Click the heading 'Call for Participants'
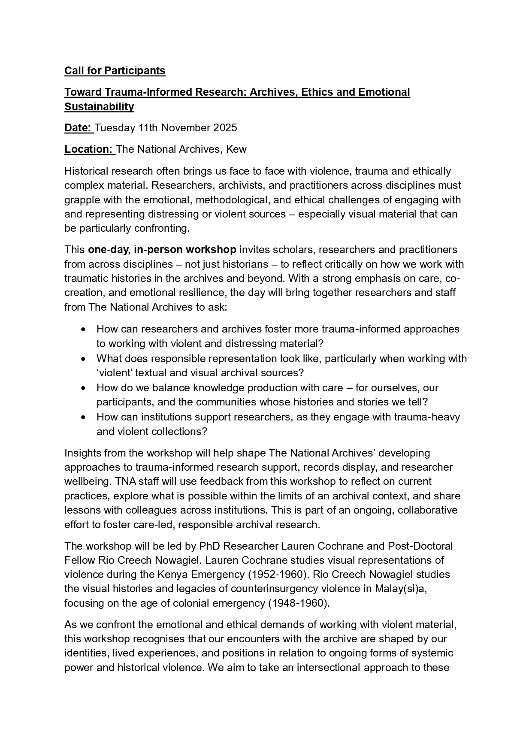(x=115, y=71)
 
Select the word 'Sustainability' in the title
(x=99, y=107)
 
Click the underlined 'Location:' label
(x=88, y=149)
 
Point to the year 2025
(x=225, y=128)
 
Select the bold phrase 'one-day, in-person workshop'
(x=162, y=250)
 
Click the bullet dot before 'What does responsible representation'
(x=83, y=359)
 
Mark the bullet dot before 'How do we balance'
(x=83, y=388)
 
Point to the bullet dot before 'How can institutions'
(x=83, y=417)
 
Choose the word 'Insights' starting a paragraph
(x=82, y=453)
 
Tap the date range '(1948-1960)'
(x=299, y=603)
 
